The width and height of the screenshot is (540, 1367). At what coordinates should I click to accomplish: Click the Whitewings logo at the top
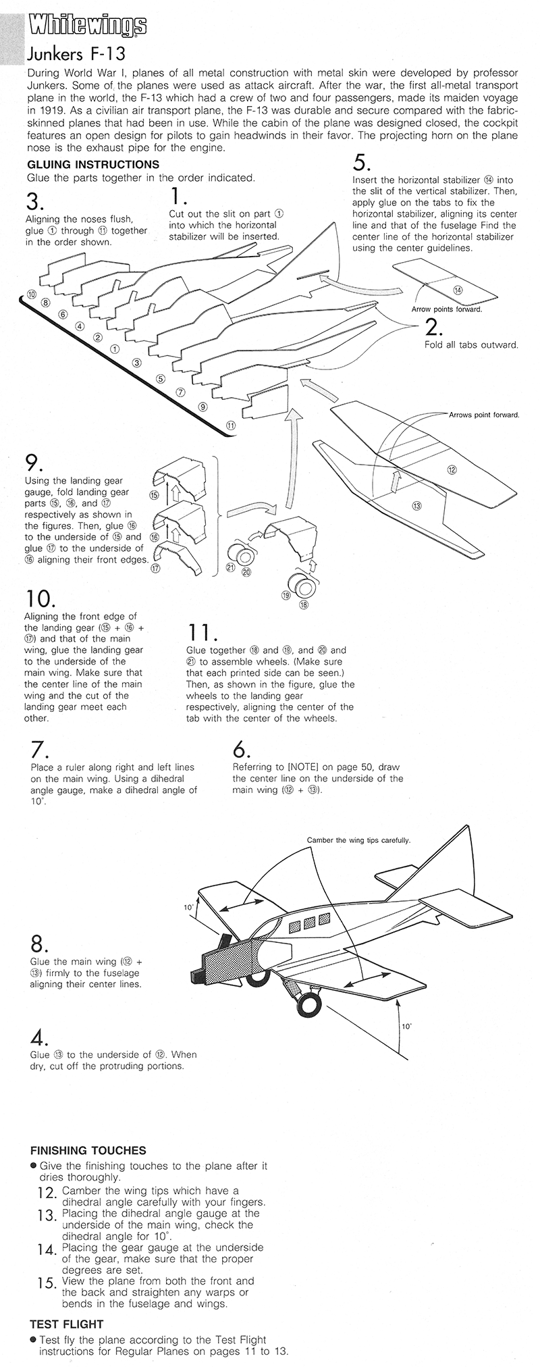pyautogui.click(x=86, y=25)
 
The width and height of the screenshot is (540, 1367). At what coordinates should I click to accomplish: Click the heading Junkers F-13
pyautogui.click(x=75, y=53)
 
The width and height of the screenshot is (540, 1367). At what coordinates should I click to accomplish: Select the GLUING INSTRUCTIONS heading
pyautogui.click(x=93, y=164)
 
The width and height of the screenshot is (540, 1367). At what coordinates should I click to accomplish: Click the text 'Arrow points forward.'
pyautogui.click(x=447, y=309)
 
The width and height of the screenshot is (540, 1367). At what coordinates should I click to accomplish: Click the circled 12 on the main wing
pyautogui.click(x=452, y=469)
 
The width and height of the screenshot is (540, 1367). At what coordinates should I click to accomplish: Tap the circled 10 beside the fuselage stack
pyautogui.click(x=32, y=294)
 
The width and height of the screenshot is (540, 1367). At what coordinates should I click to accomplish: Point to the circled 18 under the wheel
pyautogui.click(x=303, y=604)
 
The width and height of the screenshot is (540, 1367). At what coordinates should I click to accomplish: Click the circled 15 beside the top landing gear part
pyautogui.click(x=153, y=495)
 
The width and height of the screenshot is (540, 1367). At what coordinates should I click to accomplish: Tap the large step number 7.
pyautogui.click(x=38, y=750)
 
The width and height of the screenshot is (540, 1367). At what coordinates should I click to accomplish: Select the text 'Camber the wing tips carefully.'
pyautogui.click(x=358, y=840)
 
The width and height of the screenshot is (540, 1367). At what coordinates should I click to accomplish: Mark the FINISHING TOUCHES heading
pyautogui.click(x=88, y=1150)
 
